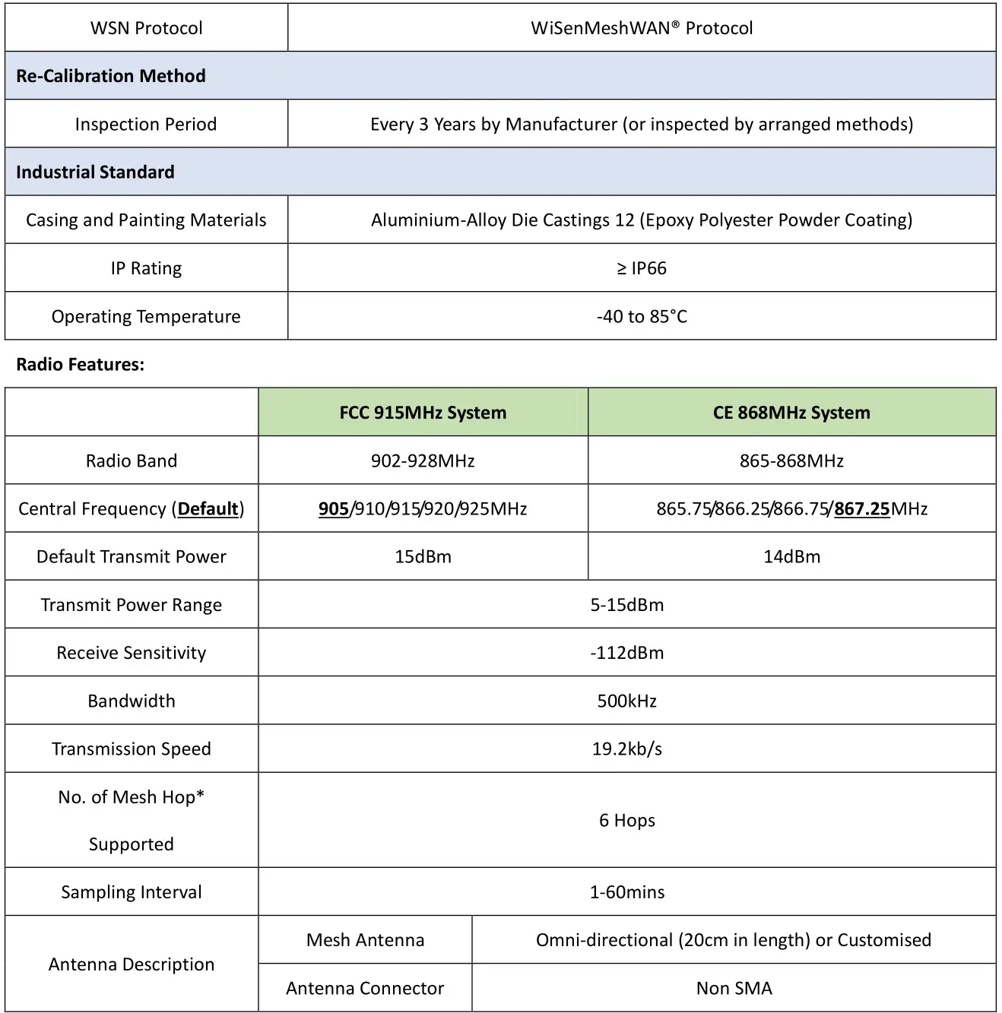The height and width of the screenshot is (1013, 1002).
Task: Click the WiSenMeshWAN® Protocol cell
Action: pos(642,28)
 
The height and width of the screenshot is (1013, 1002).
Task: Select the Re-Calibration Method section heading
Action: pos(111,76)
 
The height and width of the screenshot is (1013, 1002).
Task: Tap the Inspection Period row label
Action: pos(146,124)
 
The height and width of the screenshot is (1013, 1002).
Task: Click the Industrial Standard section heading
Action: pos(95,172)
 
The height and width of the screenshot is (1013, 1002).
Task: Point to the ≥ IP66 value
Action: pos(642,268)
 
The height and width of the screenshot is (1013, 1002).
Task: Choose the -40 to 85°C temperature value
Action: pos(642,316)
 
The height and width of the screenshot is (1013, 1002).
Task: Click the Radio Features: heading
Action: pos(80,364)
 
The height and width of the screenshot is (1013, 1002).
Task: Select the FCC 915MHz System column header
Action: pos(423,413)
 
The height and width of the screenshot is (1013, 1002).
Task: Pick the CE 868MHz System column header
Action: pos(791,413)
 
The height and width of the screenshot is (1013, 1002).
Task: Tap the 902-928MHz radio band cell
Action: pos(423,461)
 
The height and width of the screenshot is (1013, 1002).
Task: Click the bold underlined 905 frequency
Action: pos(334,508)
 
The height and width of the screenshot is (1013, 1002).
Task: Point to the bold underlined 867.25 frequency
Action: pos(862,508)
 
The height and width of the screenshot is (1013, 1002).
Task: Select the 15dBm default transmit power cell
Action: pos(423,556)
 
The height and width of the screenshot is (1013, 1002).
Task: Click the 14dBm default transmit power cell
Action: pos(791,556)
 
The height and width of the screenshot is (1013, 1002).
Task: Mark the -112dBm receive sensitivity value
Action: pos(626,653)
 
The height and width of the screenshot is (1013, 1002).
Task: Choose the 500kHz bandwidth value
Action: pos(626,701)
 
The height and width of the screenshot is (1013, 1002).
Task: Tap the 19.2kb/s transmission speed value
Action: pos(626,749)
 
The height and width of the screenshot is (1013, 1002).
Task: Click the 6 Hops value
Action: pos(626,820)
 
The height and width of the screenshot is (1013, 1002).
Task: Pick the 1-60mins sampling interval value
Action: pos(626,892)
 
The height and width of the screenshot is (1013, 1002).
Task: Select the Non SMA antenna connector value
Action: pos(734,988)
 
